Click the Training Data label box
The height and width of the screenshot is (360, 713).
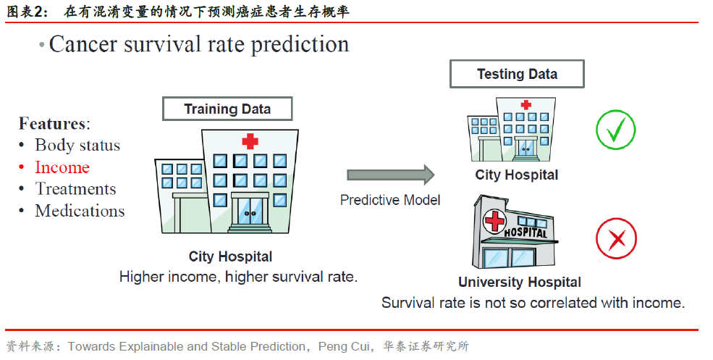click(227, 109)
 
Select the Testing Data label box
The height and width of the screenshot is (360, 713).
click(517, 74)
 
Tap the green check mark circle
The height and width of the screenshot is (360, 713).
click(616, 129)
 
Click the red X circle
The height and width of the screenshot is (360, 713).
click(616, 238)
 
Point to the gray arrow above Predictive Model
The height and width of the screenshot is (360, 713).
click(391, 175)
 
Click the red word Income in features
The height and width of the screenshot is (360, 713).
click(62, 167)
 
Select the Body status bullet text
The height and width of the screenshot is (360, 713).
click(77, 145)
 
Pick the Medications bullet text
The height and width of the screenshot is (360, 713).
click(80, 211)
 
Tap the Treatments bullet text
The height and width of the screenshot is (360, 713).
click(75, 189)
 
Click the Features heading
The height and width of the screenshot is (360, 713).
click(54, 123)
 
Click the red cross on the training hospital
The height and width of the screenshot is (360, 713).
click(250, 141)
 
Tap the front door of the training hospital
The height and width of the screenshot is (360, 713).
click(250, 210)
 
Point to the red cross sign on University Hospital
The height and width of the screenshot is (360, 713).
click(494, 222)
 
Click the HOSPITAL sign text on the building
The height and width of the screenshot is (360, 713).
click(526, 232)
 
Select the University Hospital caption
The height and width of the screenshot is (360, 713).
click(520, 282)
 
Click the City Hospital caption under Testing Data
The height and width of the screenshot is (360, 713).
click(517, 175)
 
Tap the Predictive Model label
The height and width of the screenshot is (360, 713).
click(390, 200)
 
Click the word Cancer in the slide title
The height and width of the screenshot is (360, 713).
click(84, 45)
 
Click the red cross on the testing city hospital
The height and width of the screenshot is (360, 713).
click(526, 105)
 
